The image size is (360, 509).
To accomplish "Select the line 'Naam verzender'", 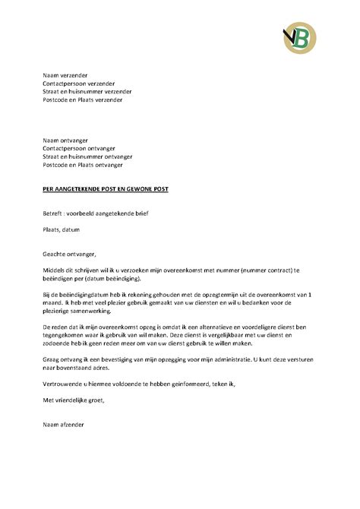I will (65, 75).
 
